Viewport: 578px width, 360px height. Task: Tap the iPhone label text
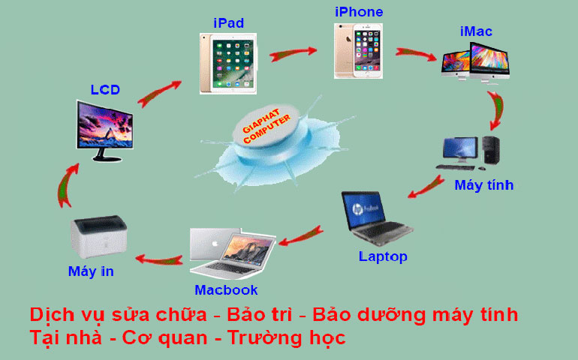[x=358, y=12]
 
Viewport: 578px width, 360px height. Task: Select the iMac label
[x=477, y=31]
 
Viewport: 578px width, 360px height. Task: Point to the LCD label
[x=105, y=90]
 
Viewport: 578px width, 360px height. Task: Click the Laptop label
[x=383, y=256]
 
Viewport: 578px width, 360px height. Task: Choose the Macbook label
[x=226, y=289]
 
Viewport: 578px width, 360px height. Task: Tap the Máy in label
[x=91, y=271]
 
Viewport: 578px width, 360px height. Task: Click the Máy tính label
[x=484, y=184]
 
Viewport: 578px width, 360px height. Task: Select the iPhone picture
[x=357, y=50]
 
